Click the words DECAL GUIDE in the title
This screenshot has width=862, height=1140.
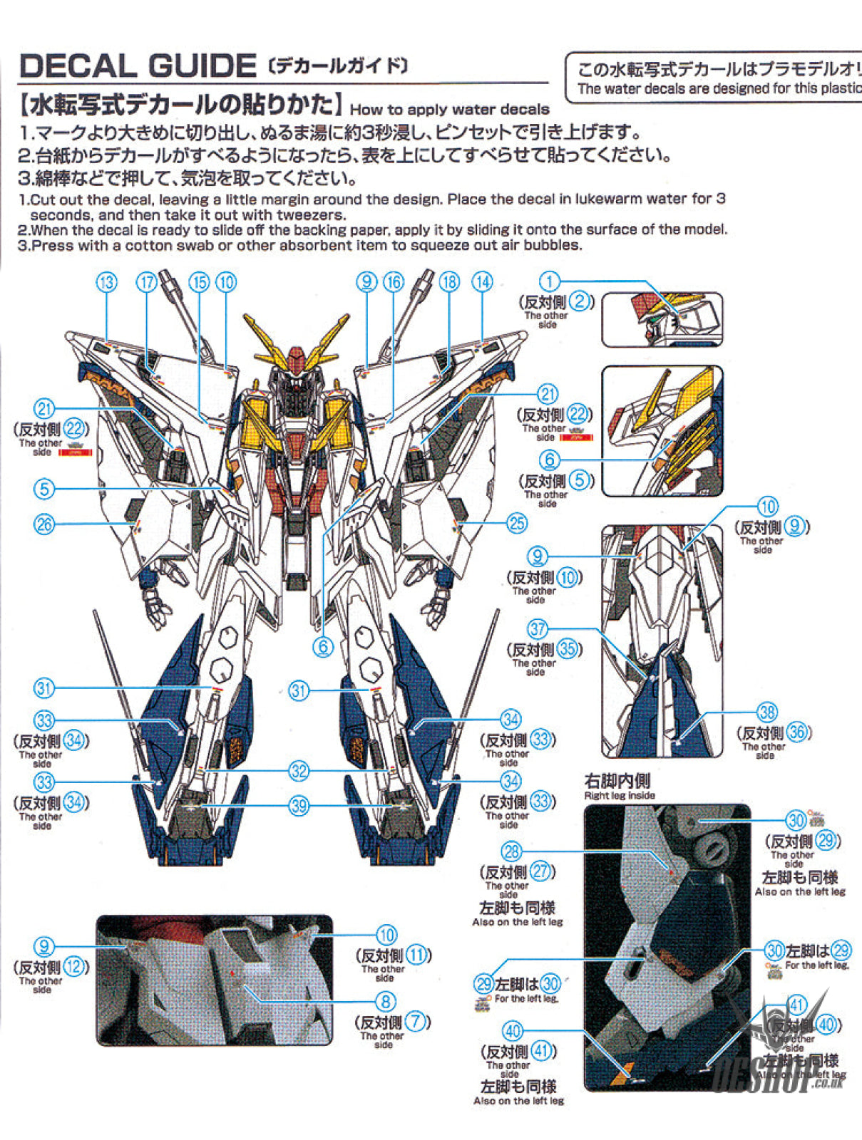point(137,66)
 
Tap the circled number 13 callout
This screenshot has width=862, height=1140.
point(106,283)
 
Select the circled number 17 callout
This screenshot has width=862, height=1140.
point(147,283)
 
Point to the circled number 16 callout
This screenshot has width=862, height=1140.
point(394,282)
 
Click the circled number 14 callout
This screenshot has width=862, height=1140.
point(483,282)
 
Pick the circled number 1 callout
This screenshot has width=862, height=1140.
point(549,281)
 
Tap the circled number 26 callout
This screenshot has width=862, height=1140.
point(44,524)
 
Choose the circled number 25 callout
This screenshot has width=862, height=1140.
point(517,524)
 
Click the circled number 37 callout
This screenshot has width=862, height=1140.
point(538,629)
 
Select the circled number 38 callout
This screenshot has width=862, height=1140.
point(768,712)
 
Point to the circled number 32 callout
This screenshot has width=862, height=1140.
point(299,771)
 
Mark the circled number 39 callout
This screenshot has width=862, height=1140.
point(299,806)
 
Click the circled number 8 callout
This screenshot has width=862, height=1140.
point(386,1002)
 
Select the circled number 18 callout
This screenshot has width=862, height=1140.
point(449,282)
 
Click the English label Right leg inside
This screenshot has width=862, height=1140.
point(619,795)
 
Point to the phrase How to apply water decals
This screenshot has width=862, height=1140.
point(449,110)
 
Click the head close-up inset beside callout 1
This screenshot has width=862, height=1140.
point(662,320)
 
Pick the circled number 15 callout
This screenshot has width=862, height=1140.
point(199,283)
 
